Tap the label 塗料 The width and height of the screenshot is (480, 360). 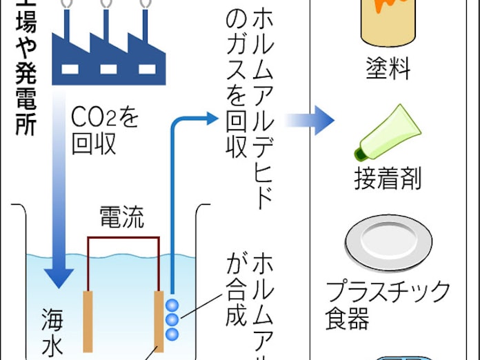(388, 70)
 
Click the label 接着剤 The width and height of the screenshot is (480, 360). (388, 180)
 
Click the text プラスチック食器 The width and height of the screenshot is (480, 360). (387, 304)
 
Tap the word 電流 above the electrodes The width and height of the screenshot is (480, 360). (122, 219)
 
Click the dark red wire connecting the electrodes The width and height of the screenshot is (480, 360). (124, 239)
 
